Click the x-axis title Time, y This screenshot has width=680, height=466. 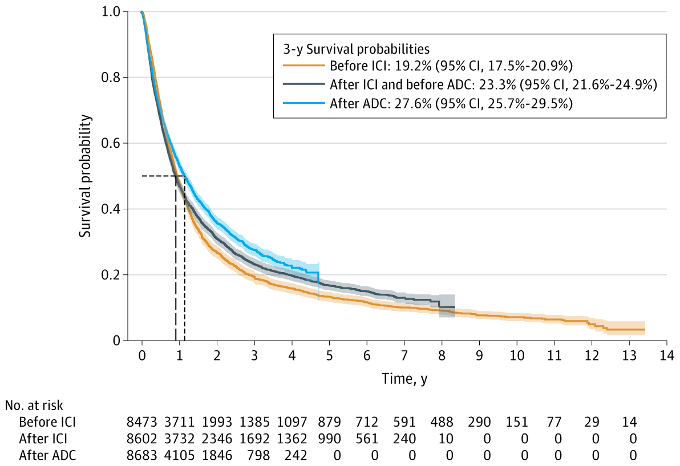point(404,379)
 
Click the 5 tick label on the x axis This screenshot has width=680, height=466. point(329,354)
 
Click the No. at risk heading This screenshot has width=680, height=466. point(34,406)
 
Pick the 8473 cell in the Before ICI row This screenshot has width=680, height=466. point(142,423)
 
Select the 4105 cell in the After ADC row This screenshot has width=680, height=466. point(179,456)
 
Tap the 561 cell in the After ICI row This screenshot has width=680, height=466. point(366,439)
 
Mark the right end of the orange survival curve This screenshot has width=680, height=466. point(645,330)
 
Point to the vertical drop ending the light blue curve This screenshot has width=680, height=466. point(318,279)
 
